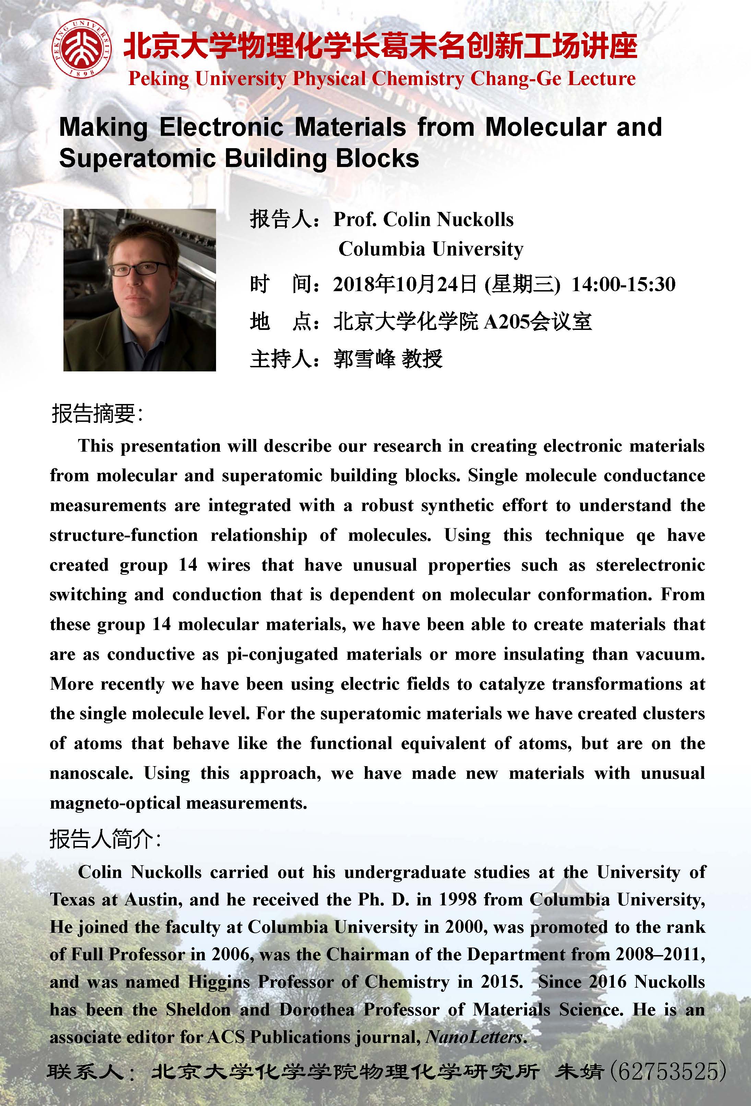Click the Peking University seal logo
tap(82, 49)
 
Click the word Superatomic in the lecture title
tap(138, 159)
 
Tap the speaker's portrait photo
tap(140, 290)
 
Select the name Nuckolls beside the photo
tap(475, 219)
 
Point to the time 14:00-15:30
tap(623, 285)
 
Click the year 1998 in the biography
tap(457, 900)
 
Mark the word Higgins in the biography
tap(218, 982)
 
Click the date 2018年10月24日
tap(405, 285)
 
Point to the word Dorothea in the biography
tap(317, 1009)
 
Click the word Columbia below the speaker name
tap(381, 249)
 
